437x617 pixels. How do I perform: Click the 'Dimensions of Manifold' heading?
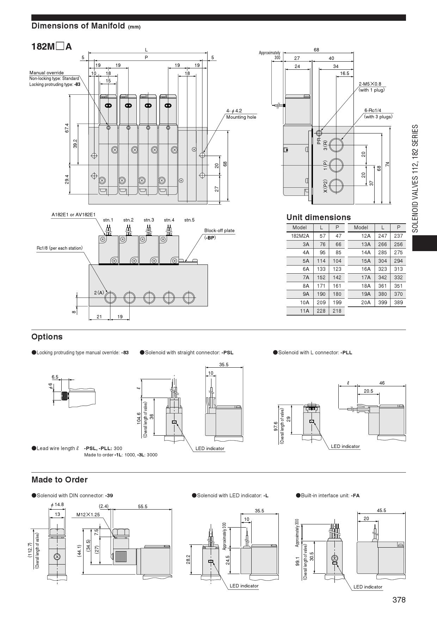pos(78,26)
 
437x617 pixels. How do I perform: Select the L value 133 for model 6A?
pos(321,269)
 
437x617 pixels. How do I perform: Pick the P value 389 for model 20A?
pos(398,302)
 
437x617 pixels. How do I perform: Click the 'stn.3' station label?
pos(149,220)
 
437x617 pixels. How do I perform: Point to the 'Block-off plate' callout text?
pos(219,231)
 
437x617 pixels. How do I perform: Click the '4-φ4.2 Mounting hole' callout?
pos(241,114)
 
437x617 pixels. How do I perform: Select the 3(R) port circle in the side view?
pos(337,145)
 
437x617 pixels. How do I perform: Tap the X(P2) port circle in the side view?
pos(337,186)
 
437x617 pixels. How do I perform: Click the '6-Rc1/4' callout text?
pos(373,111)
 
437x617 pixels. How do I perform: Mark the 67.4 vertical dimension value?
pos(67,128)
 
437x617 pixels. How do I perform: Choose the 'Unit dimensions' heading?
pos(319,217)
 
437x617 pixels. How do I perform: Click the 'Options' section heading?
pos(47,337)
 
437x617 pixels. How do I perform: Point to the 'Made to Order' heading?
pos(60,480)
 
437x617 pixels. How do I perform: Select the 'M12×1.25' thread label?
pos(88,515)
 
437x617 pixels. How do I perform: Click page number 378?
pos(399,600)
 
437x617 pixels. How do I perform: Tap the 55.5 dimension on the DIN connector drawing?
pos(142,506)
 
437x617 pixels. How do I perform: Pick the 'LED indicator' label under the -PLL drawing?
pos(345,446)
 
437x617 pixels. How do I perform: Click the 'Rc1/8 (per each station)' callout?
pos(60,248)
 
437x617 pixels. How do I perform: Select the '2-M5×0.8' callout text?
pos(370,84)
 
